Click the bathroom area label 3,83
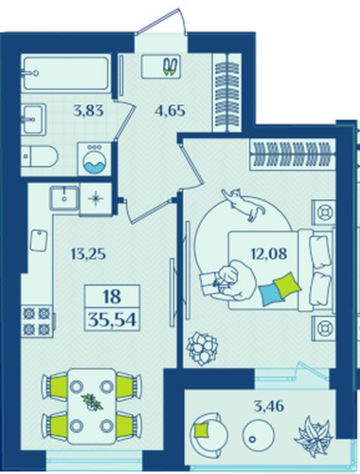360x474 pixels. click(x=88, y=111)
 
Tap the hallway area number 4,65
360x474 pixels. click(x=170, y=111)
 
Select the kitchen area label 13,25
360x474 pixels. click(x=88, y=254)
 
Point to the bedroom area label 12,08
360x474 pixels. click(x=269, y=253)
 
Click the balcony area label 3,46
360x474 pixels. click(x=269, y=406)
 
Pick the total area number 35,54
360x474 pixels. click(x=112, y=320)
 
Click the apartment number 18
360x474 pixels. click(x=112, y=297)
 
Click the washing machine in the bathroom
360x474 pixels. click(x=95, y=159)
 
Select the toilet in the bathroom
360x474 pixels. click(x=40, y=155)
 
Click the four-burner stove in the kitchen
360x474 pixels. click(x=37, y=321)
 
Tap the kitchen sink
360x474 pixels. click(x=64, y=198)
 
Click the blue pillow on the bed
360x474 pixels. click(x=271, y=294)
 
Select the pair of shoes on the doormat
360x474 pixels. click(x=171, y=66)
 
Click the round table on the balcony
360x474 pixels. click(x=259, y=435)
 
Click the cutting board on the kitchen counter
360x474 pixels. click(x=39, y=241)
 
